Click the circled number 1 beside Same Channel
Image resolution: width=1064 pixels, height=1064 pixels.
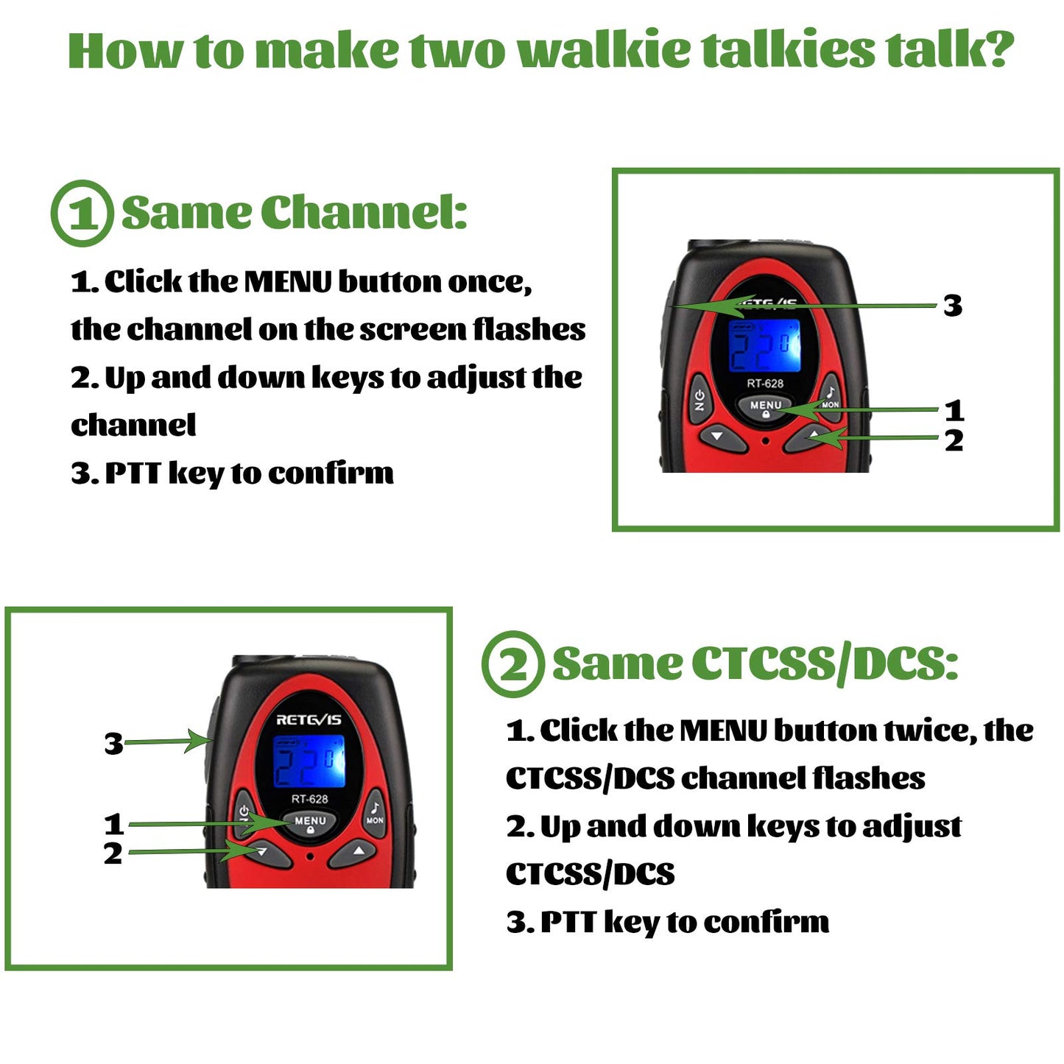coord(82,214)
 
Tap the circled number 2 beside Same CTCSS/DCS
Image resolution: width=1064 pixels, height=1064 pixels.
coord(513,664)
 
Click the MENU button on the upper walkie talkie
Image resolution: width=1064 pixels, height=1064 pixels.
coord(766,407)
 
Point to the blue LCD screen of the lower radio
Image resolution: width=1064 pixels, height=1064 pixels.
coord(309,761)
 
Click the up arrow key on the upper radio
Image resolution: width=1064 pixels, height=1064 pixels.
coord(813,437)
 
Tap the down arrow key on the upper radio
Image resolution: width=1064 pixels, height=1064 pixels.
coord(717,437)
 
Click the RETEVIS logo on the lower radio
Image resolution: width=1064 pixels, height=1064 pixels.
coord(309,719)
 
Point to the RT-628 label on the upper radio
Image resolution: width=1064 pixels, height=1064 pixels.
coord(765,384)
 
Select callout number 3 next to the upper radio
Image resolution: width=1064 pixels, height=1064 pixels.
coord(953,306)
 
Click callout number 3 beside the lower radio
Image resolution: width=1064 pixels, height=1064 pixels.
coord(113,744)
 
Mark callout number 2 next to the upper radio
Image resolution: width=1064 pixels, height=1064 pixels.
coord(954,441)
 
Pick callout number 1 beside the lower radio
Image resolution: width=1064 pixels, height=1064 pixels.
coord(113,824)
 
